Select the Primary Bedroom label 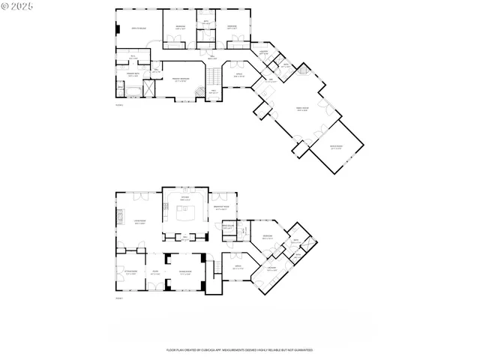[x=180, y=79]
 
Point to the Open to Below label [x=139, y=28]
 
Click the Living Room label [x=139, y=222]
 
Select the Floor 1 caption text [x=118, y=298]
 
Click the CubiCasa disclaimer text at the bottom [x=239, y=350]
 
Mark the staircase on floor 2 [x=214, y=76]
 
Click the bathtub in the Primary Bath [x=130, y=92]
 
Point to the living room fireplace [x=117, y=217]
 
